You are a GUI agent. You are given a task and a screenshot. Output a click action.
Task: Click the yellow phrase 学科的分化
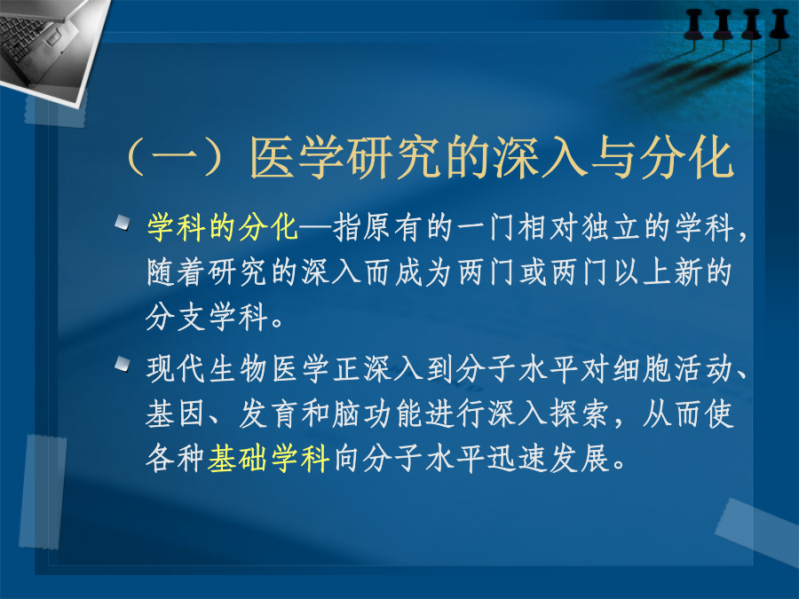[x=222, y=227]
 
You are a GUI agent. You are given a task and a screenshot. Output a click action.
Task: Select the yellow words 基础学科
[x=268, y=458]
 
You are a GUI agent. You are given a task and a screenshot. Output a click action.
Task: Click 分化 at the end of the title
[x=686, y=157]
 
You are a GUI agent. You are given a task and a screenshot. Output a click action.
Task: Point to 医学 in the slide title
[x=297, y=157]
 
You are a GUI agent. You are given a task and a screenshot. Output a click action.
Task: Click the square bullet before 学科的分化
[x=123, y=223]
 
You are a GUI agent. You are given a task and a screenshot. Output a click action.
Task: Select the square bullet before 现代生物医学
[x=123, y=364]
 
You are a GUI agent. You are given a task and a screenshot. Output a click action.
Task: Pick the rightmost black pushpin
[x=779, y=26]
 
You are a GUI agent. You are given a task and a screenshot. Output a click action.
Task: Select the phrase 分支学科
[x=207, y=317]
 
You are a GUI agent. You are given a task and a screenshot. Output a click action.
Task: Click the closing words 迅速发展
[x=549, y=458]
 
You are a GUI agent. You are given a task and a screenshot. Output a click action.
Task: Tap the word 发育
[x=268, y=413]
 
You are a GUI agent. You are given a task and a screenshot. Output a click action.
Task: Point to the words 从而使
[x=688, y=413]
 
